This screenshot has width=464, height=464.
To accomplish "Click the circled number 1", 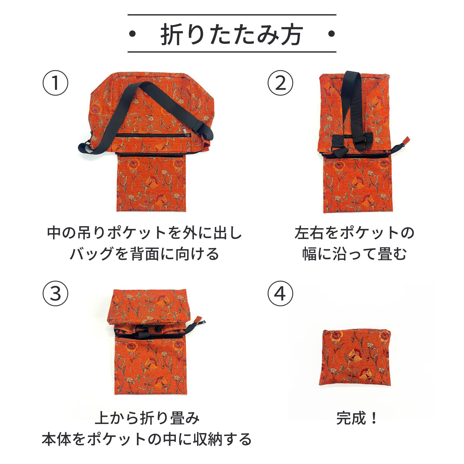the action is click(x=55, y=83).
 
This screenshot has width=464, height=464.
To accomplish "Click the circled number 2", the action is click(x=280, y=83).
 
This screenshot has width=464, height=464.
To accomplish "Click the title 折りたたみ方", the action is click(x=231, y=34).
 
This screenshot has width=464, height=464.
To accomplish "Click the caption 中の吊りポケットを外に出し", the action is click(x=145, y=233).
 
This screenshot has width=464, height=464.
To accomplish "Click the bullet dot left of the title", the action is click(x=133, y=34).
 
